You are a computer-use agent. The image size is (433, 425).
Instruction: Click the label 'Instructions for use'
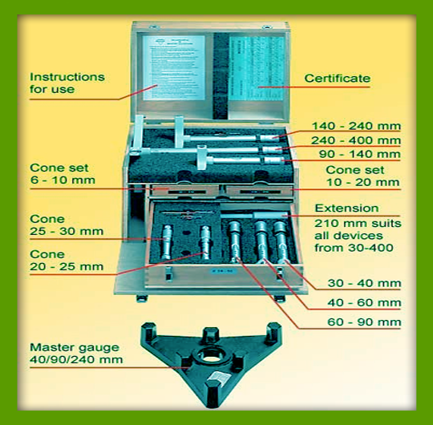tap(67, 83)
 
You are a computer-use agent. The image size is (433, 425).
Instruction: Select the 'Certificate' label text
tap(338, 79)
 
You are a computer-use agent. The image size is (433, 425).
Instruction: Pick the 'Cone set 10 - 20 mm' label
tap(362, 176)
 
